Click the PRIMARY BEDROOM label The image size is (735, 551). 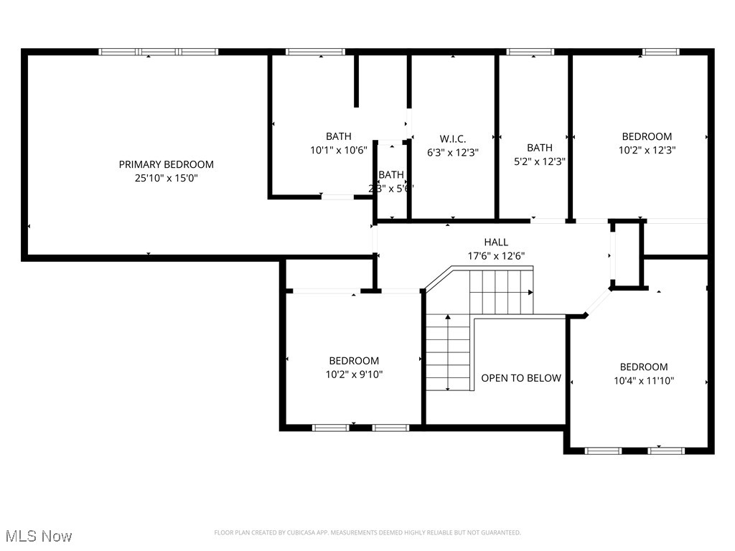point(166,164)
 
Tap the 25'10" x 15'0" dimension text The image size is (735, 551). point(166,178)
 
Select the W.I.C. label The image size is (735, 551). point(452,138)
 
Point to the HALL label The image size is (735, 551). point(496,242)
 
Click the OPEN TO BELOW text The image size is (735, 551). point(521,378)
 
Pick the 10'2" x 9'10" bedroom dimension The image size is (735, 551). point(354,374)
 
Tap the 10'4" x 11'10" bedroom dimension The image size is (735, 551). point(644,380)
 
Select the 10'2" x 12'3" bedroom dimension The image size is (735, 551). point(647,150)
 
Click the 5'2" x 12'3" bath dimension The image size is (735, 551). point(539,161)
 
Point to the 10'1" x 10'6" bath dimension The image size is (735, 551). point(339,150)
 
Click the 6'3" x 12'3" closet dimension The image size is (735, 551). point(452,152)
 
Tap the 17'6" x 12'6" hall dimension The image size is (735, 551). point(496,255)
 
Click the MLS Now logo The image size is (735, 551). point(38,536)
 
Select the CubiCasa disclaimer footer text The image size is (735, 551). point(367,532)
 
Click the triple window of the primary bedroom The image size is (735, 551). point(158,52)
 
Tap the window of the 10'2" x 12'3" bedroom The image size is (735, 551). point(660,52)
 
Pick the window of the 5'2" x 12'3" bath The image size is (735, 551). point(530,52)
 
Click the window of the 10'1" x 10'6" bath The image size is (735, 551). point(315,52)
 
